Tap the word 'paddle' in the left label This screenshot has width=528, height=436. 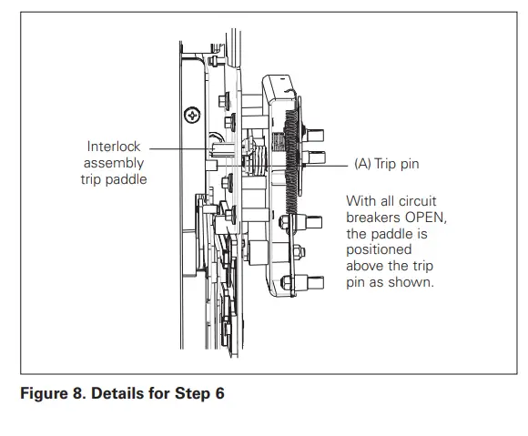point(127,179)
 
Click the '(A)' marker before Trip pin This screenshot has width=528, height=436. point(363,165)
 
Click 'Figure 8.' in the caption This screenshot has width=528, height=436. point(51,394)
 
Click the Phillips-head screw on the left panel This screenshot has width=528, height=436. point(192,115)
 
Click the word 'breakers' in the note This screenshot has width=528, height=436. point(372,218)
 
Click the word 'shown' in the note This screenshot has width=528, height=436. point(414,282)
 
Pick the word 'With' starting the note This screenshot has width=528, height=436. point(360,201)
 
